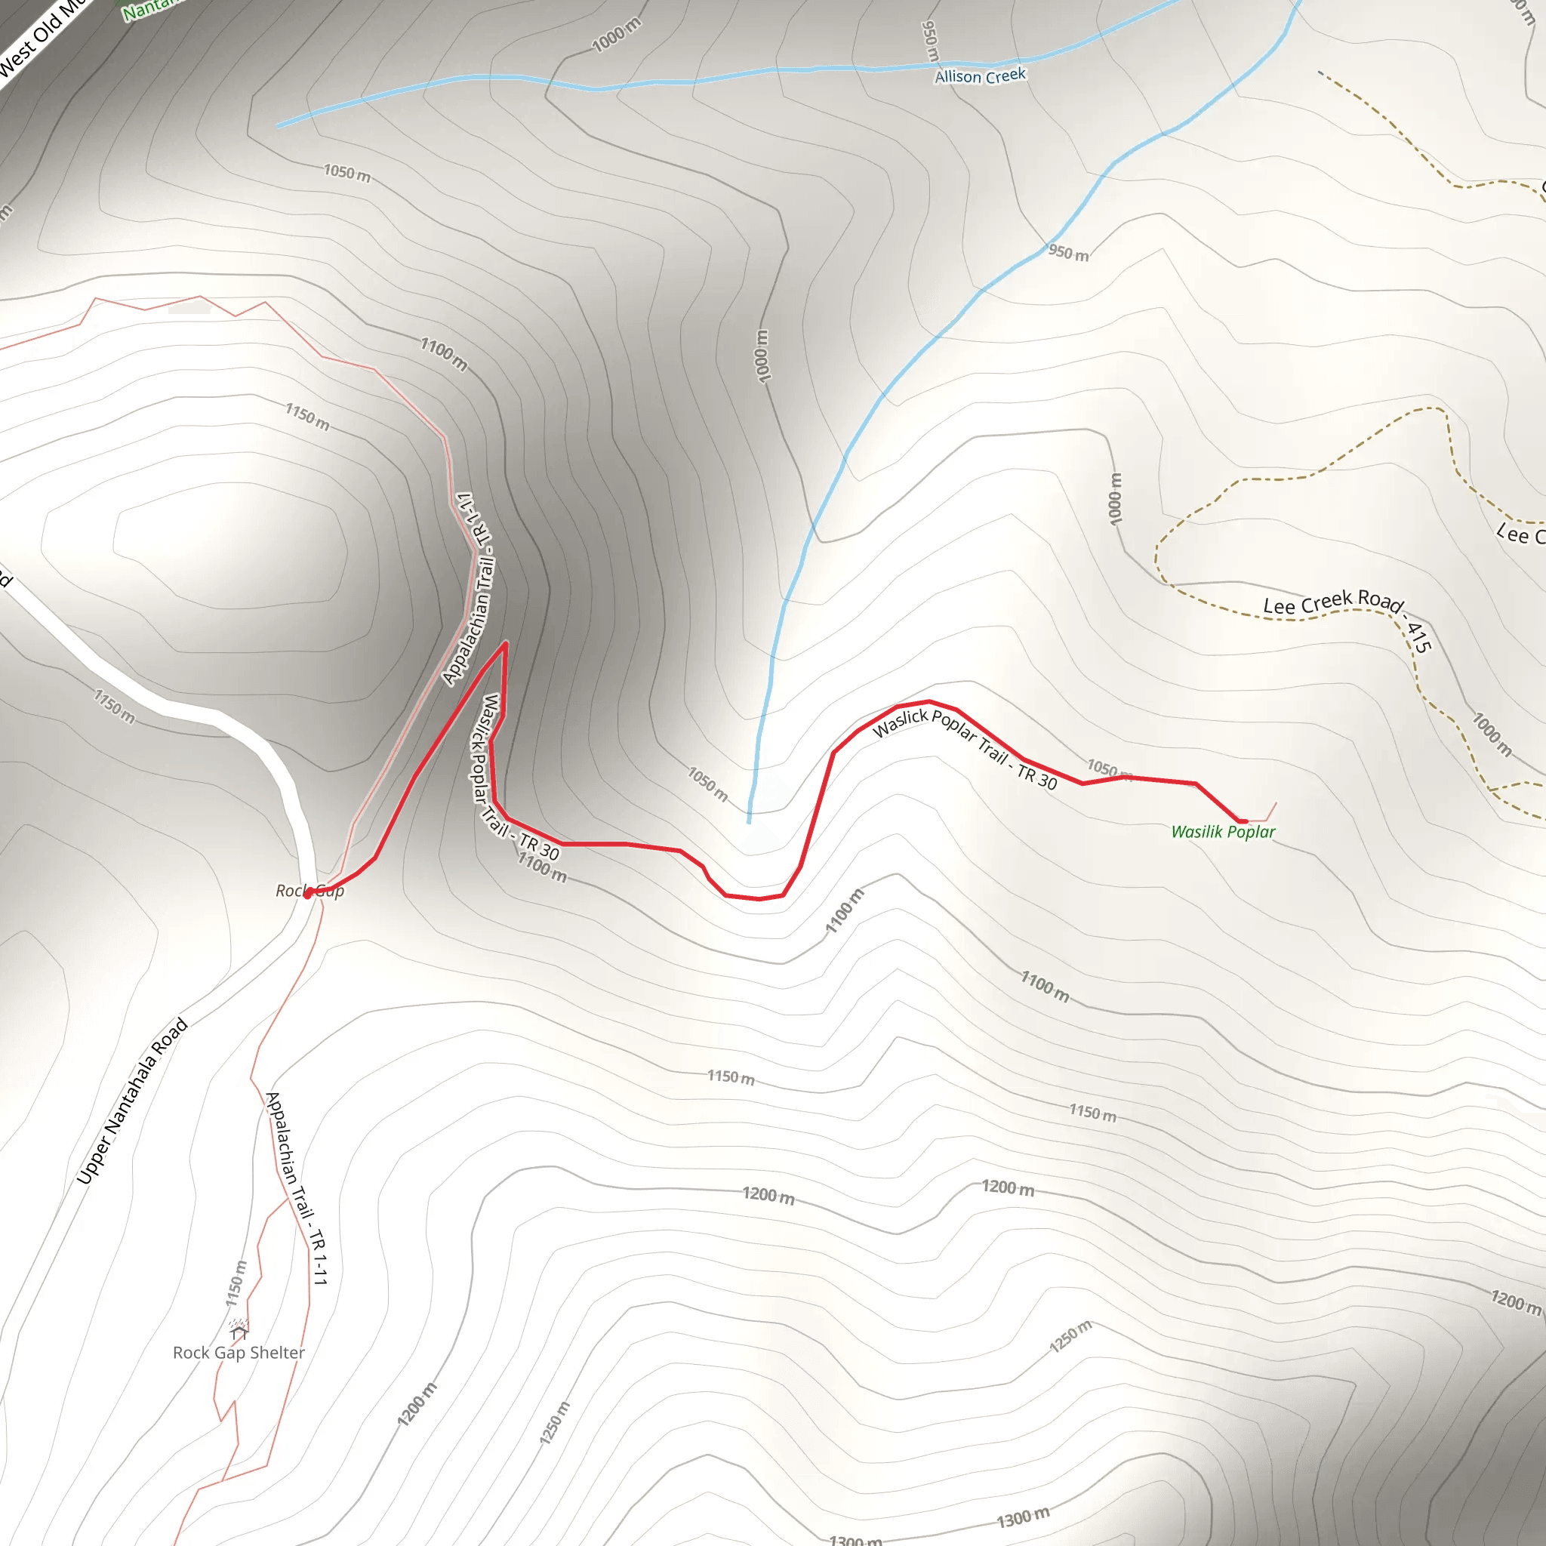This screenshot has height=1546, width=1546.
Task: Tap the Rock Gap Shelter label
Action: tap(239, 1352)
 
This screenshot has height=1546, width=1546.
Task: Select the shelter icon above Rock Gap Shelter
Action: tap(239, 1329)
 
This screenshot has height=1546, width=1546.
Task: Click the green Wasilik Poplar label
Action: tap(1223, 832)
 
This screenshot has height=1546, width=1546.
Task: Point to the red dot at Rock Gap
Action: tap(308, 894)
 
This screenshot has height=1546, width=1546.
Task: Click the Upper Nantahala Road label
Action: tap(133, 1101)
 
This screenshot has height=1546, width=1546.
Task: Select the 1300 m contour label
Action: tap(1023, 1517)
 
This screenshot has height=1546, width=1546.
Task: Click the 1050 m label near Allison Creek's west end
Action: tap(346, 173)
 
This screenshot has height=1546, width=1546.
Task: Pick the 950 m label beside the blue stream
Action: tap(1068, 253)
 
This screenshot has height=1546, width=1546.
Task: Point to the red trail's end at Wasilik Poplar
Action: tap(1243, 821)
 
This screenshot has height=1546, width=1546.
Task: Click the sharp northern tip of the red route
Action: tap(506, 642)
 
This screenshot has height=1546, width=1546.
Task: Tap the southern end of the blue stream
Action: tap(749, 821)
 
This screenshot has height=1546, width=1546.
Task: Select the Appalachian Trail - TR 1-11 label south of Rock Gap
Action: tap(297, 1188)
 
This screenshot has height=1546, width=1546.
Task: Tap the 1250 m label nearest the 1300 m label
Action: tap(1070, 1336)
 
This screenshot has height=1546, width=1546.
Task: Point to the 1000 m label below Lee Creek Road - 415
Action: tap(1492, 735)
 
